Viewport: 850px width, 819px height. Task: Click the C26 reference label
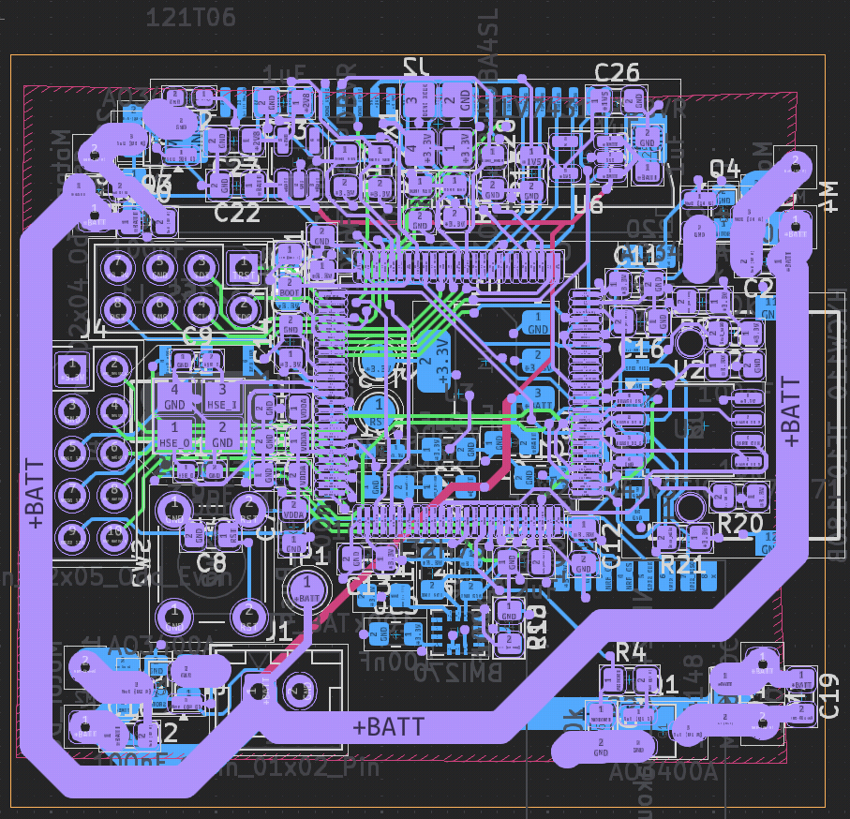point(617,72)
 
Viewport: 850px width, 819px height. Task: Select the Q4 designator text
point(724,169)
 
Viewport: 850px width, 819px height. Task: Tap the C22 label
point(237,213)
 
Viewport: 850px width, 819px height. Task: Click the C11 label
point(637,255)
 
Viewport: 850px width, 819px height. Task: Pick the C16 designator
point(643,348)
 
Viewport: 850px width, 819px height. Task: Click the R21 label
point(681,564)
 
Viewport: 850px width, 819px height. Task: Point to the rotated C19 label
point(828,695)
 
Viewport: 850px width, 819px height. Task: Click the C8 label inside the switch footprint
point(213,563)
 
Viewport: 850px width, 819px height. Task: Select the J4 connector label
point(93,328)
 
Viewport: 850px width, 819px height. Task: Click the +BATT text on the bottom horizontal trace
point(388,726)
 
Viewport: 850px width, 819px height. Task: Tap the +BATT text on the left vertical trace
point(35,494)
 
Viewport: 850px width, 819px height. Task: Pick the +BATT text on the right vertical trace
point(792,410)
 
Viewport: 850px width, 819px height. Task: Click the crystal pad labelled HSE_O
point(174,434)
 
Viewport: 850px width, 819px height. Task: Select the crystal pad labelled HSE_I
point(222,396)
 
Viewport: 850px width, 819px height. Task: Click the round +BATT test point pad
point(306,590)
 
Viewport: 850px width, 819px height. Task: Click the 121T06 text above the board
point(192,18)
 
